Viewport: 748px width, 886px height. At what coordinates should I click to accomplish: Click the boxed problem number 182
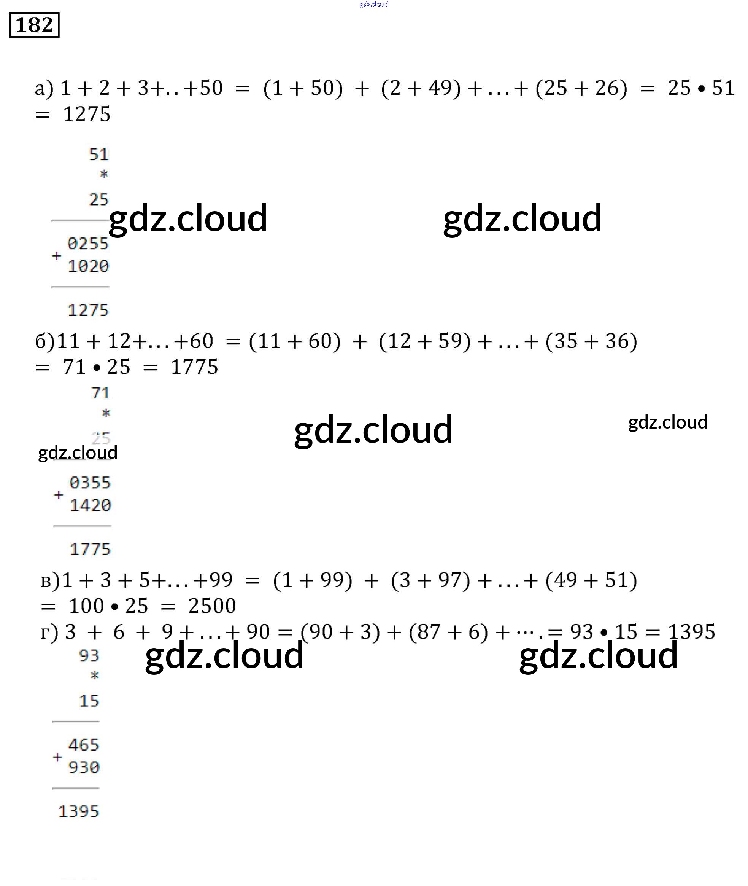coord(34,25)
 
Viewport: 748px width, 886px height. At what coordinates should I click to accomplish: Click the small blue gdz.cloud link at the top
coord(373,4)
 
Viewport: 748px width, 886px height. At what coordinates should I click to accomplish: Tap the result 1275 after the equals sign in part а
coord(87,115)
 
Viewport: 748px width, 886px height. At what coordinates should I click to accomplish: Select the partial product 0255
coord(88,244)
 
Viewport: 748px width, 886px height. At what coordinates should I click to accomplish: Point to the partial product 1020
coord(88,266)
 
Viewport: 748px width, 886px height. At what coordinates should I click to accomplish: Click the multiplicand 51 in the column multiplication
coord(99,155)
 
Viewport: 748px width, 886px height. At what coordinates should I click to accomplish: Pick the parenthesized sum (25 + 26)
coord(581,89)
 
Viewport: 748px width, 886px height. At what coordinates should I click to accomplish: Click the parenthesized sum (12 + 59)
coord(425,341)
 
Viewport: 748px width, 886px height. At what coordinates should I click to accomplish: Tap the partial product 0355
coord(90,483)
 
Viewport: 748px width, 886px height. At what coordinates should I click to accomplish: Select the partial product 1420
coord(90,505)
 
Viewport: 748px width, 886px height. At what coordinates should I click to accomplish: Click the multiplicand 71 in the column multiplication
coord(101,394)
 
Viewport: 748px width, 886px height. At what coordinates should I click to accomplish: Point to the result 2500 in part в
coord(212,606)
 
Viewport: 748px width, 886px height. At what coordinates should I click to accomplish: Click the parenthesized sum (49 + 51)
coord(591,580)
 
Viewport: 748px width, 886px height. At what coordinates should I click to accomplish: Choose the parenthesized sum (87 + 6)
coord(448,632)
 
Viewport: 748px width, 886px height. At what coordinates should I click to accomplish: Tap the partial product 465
coord(84,745)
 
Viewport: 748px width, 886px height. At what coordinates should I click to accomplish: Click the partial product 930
coord(84,767)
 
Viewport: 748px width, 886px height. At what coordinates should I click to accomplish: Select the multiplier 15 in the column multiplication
coord(89,701)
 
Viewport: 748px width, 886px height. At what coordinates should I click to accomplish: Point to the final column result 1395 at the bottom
coord(78,811)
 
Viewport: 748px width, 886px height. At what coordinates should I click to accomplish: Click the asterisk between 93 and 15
coord(95,675)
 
